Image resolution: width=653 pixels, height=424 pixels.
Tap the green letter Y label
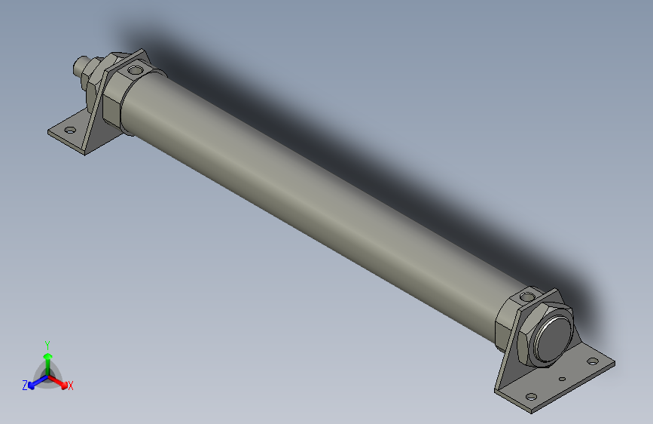(x=47, y=344)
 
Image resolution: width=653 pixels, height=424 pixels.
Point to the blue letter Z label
(x=25, y=385)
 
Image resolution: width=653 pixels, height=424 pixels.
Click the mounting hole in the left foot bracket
(x=70, y=131)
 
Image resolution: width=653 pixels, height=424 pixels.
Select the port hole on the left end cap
(x=136, y=71)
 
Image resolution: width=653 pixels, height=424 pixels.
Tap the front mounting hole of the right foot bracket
(x=531, y=395)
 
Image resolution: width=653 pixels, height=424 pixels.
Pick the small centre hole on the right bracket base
(x=562, y=379)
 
